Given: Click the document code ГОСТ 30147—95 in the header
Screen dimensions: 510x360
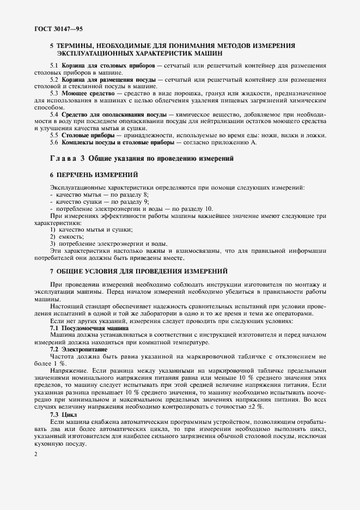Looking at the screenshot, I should click(x=53, y=27).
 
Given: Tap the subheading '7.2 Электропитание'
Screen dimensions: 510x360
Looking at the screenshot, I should click(x=79, y=349).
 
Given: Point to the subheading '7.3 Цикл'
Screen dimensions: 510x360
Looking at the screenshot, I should click(x=64, y=414).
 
